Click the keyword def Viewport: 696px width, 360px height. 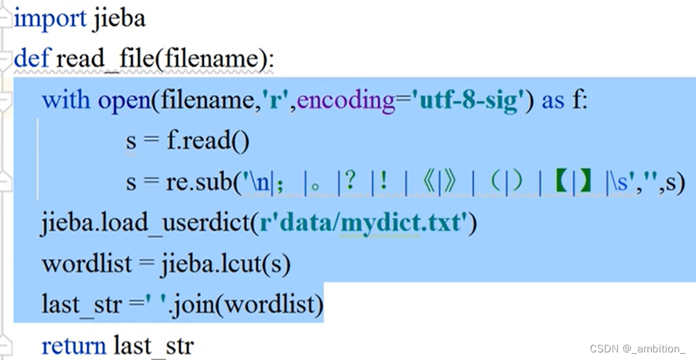(x=31, y=58)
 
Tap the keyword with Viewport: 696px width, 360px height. (x=66, y=100)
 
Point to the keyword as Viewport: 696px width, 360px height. (x=553, y=100)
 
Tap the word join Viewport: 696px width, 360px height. (x=238, y=305)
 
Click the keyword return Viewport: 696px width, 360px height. (x=73, y=345)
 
